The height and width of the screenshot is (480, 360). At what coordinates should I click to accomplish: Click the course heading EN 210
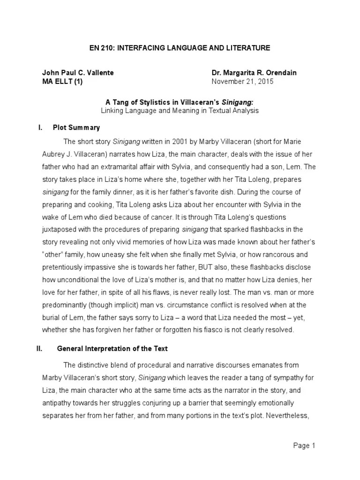point(180,48)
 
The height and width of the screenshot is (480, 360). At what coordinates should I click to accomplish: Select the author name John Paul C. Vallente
point(78,73)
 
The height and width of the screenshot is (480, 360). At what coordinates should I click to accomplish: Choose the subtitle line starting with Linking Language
point(180,111)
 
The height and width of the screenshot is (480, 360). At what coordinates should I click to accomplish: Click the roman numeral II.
point(40,348)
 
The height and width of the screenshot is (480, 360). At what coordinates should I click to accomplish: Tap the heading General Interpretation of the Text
point(112,348)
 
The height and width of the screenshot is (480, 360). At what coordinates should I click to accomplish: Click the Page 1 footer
point(304,446)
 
